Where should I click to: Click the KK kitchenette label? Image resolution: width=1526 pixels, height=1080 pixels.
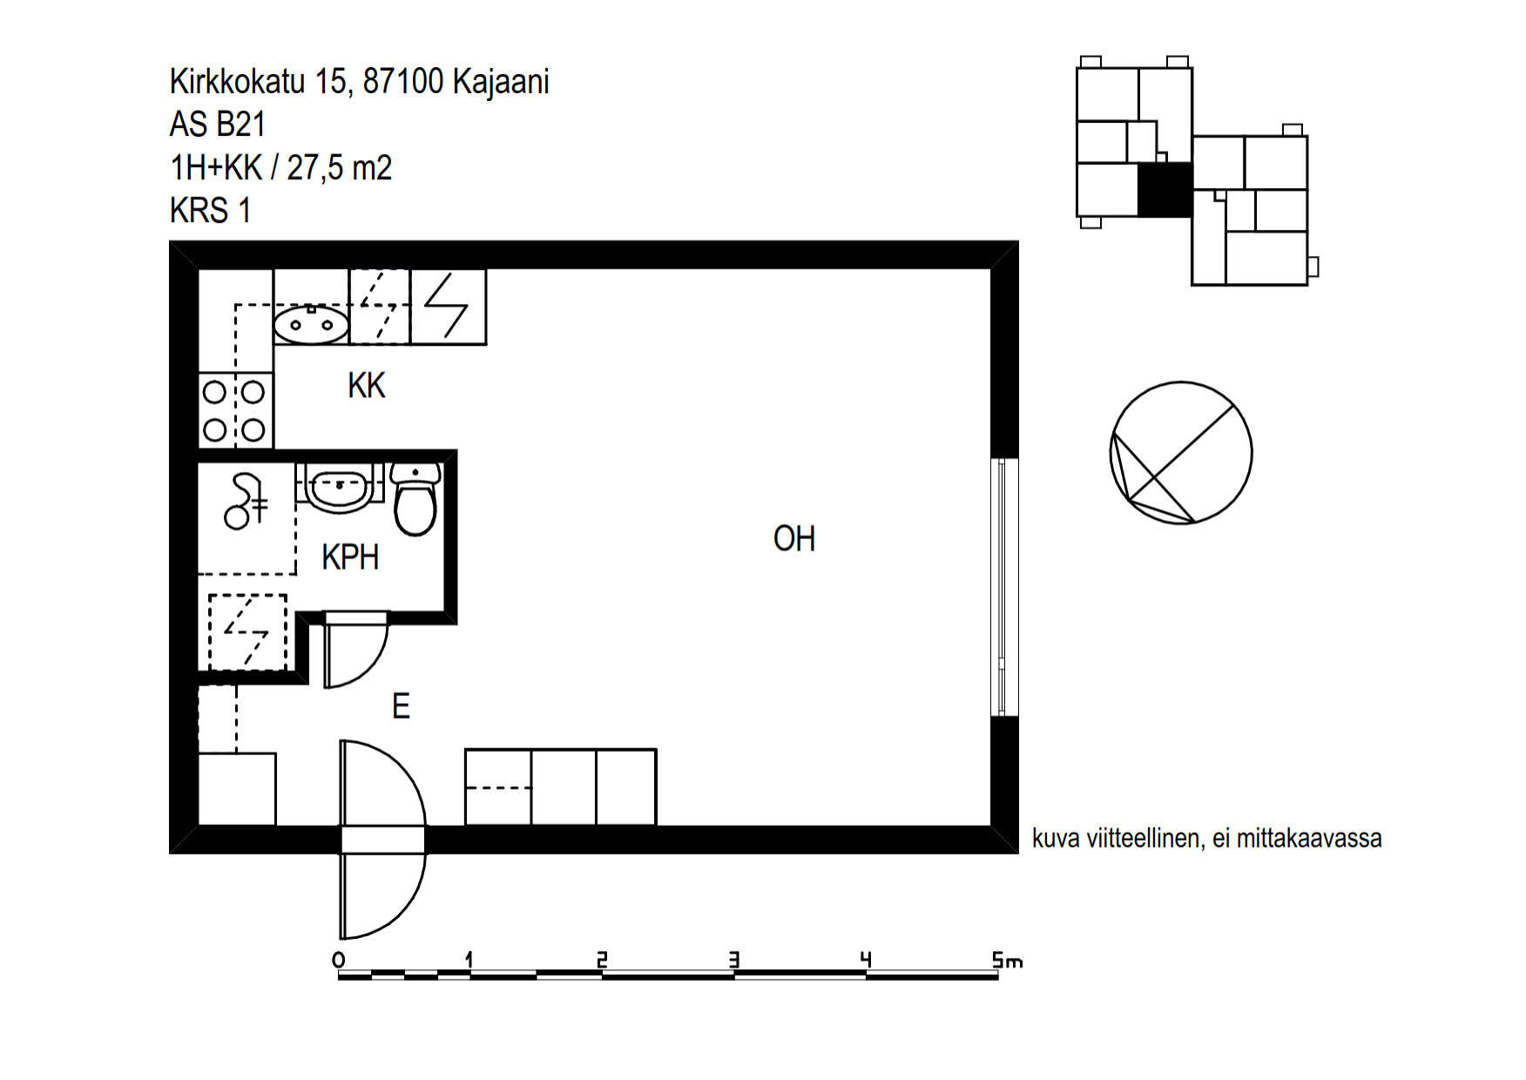[x=366, y=385]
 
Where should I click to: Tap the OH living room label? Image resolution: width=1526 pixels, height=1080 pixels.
[x=794, y=538]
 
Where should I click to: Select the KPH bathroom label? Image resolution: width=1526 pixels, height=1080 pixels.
[x=350, y=557]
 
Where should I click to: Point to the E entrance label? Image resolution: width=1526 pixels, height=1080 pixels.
[x=401, y=705]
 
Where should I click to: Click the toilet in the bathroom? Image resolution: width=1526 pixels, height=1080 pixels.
[x=415, y=499]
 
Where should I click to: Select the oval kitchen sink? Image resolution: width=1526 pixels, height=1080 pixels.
[x=311, y=325]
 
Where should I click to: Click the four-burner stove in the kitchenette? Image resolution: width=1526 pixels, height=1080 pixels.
[x=235, y=411]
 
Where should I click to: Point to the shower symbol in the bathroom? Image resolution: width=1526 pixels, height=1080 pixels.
[x=246, y=502]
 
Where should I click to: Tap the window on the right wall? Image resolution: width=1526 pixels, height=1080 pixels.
[x=1004, y=587]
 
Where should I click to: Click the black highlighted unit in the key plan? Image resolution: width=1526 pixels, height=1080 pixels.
[x=1165, y=190]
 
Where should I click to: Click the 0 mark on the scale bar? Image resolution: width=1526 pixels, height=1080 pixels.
[x=339, y=960]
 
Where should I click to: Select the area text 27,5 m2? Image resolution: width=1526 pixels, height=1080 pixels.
[x=340, y=166]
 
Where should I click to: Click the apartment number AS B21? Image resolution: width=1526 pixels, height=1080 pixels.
[x=218, y=124]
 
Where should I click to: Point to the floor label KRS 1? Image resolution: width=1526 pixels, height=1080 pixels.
[x=211, y=210]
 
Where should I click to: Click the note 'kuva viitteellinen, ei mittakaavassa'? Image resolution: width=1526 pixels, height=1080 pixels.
[x=1207, y=838]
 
